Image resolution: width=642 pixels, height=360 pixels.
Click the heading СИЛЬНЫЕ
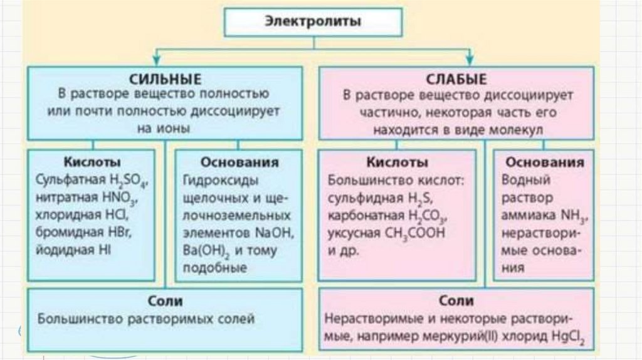pos(165,80)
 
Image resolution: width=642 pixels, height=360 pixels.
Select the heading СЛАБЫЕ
pos(456,80)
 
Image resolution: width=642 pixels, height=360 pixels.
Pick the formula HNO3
pos(122,198)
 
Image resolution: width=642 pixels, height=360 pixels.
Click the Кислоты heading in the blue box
pos(92,162)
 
